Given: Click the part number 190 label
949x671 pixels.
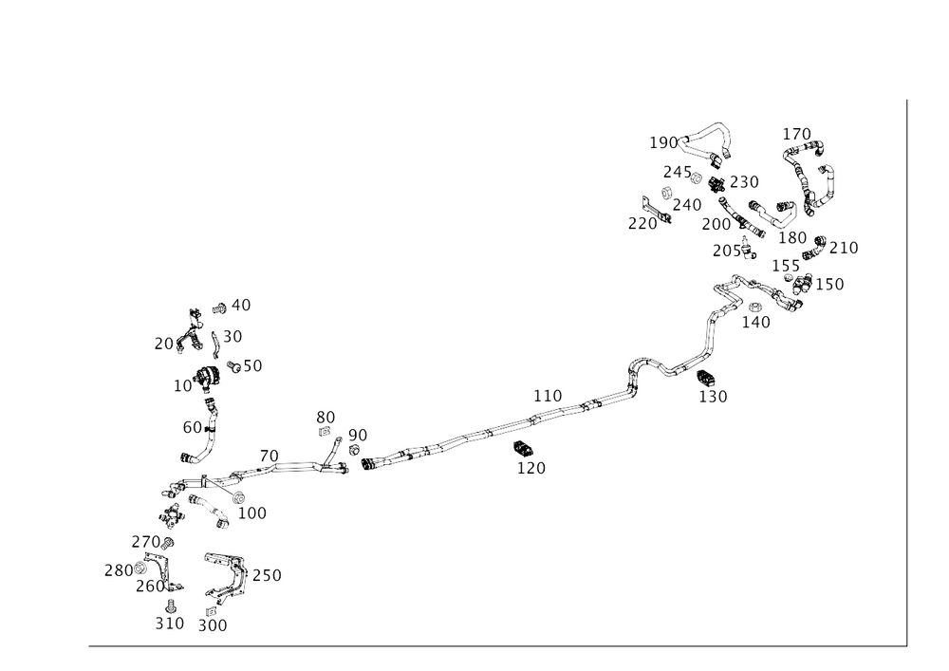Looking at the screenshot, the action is click(662, 142).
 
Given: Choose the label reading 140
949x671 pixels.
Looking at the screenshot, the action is click(757, 322).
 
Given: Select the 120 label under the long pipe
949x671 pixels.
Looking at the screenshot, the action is click(531, 467).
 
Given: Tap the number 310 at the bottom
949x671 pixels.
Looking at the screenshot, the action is click(170, 623).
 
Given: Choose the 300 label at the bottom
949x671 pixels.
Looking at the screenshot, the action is click(214, 626).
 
